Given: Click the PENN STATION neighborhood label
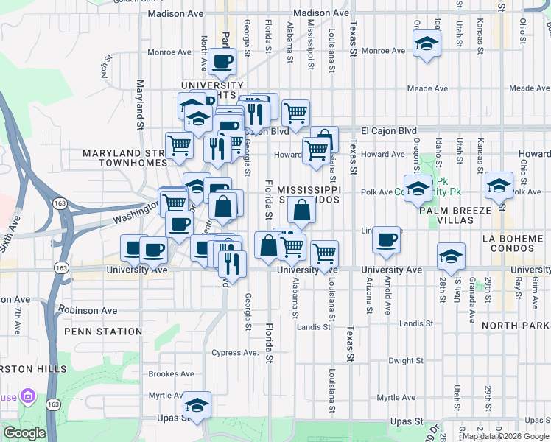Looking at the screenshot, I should pyautogui.click(x=102, y=331).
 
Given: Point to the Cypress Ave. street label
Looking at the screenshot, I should pyautogui.click(x=235, y=352).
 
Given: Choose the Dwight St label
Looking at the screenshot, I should pyautogui.click(x=405, y=361).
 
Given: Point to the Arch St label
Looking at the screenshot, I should pyautogui.click(x=106, y=67).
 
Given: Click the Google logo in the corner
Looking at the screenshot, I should pyautogui.click(x=25, y=433).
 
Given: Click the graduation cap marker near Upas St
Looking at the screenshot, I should pyautogui.click(x=197, y=404).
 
